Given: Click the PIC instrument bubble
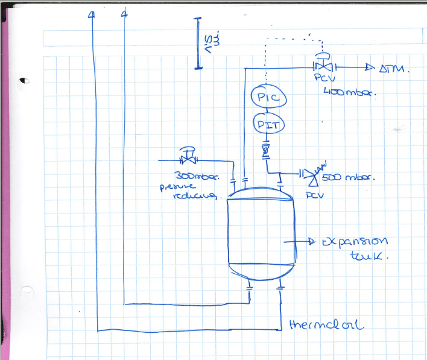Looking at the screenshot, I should click(264, 97).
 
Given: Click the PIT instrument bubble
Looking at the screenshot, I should click(264, 125).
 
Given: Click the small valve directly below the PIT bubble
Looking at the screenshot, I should click(265, 148).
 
